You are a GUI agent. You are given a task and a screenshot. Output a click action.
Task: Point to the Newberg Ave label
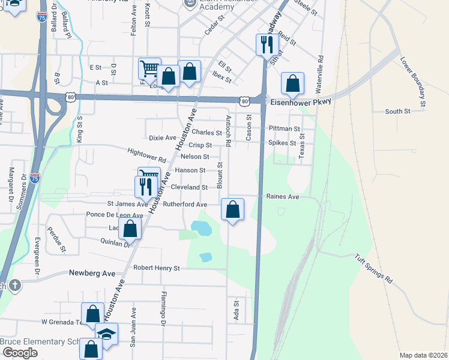[x=92, y=273]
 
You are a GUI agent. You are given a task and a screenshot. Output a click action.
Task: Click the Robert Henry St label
[x=157, y=268]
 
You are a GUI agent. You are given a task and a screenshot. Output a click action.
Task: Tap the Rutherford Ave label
[x=185, y=205]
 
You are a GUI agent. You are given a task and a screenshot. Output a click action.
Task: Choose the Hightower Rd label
[x=146, y=156]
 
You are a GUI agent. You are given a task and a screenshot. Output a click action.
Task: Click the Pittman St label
[x=285, y=128]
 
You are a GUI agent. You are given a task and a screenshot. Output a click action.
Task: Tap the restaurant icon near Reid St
[x=265, y=45]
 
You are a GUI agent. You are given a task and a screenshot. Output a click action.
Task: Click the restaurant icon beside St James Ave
[x=145, y=187]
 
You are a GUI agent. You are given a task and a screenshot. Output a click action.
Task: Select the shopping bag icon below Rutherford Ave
[x=232, y=210]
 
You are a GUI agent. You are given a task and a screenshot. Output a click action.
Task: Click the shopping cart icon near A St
[x=149, y=69]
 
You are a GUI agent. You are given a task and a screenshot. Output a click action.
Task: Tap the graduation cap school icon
[x=106, y=334]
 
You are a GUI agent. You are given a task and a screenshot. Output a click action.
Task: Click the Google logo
[x=20, y=352]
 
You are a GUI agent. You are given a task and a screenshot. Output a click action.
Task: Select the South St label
[x=397, y=112]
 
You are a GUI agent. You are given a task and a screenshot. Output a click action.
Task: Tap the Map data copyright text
[x=423, y=355]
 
